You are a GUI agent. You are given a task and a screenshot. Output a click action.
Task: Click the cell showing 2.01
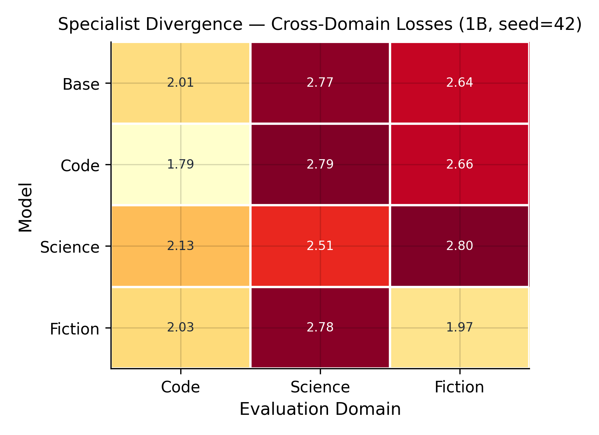181,83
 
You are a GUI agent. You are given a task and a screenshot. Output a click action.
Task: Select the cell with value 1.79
181,164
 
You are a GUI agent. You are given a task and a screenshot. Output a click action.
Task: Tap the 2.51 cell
320,246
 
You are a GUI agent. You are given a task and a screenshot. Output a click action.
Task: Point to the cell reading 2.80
459,246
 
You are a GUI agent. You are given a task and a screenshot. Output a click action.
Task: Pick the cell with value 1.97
459,328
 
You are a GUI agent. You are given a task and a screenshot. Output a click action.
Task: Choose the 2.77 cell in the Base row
320,83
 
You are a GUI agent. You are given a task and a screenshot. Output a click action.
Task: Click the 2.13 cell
181,246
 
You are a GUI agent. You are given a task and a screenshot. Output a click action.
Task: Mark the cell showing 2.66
459,164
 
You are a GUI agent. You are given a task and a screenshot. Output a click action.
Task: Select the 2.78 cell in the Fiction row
320,328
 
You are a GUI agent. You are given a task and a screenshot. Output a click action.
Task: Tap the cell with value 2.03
181,328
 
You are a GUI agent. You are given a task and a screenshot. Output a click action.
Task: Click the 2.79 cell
320,164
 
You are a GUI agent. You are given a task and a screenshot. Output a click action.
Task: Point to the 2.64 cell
459,83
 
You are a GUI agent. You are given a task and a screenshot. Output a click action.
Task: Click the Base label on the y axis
81,84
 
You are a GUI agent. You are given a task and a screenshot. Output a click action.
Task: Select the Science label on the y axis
70,247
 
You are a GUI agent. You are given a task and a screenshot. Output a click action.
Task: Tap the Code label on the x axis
181,387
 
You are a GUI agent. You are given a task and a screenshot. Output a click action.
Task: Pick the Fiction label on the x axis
459,387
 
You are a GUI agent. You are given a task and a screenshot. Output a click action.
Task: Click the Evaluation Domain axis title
320,409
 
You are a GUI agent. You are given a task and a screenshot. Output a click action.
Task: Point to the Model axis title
25,207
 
